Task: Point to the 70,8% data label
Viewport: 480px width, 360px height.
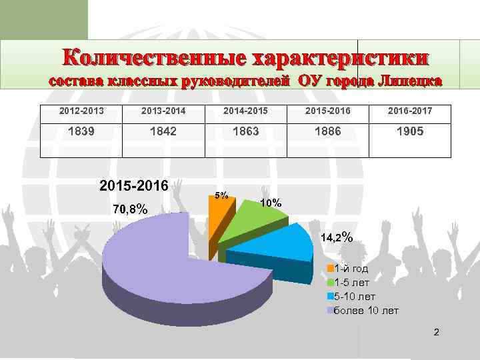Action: coord(130,210)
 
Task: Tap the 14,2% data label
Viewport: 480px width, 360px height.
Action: coord(337,237)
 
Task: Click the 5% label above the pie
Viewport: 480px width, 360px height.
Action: coord(222,195)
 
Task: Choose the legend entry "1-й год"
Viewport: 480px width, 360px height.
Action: coord(351,269)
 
